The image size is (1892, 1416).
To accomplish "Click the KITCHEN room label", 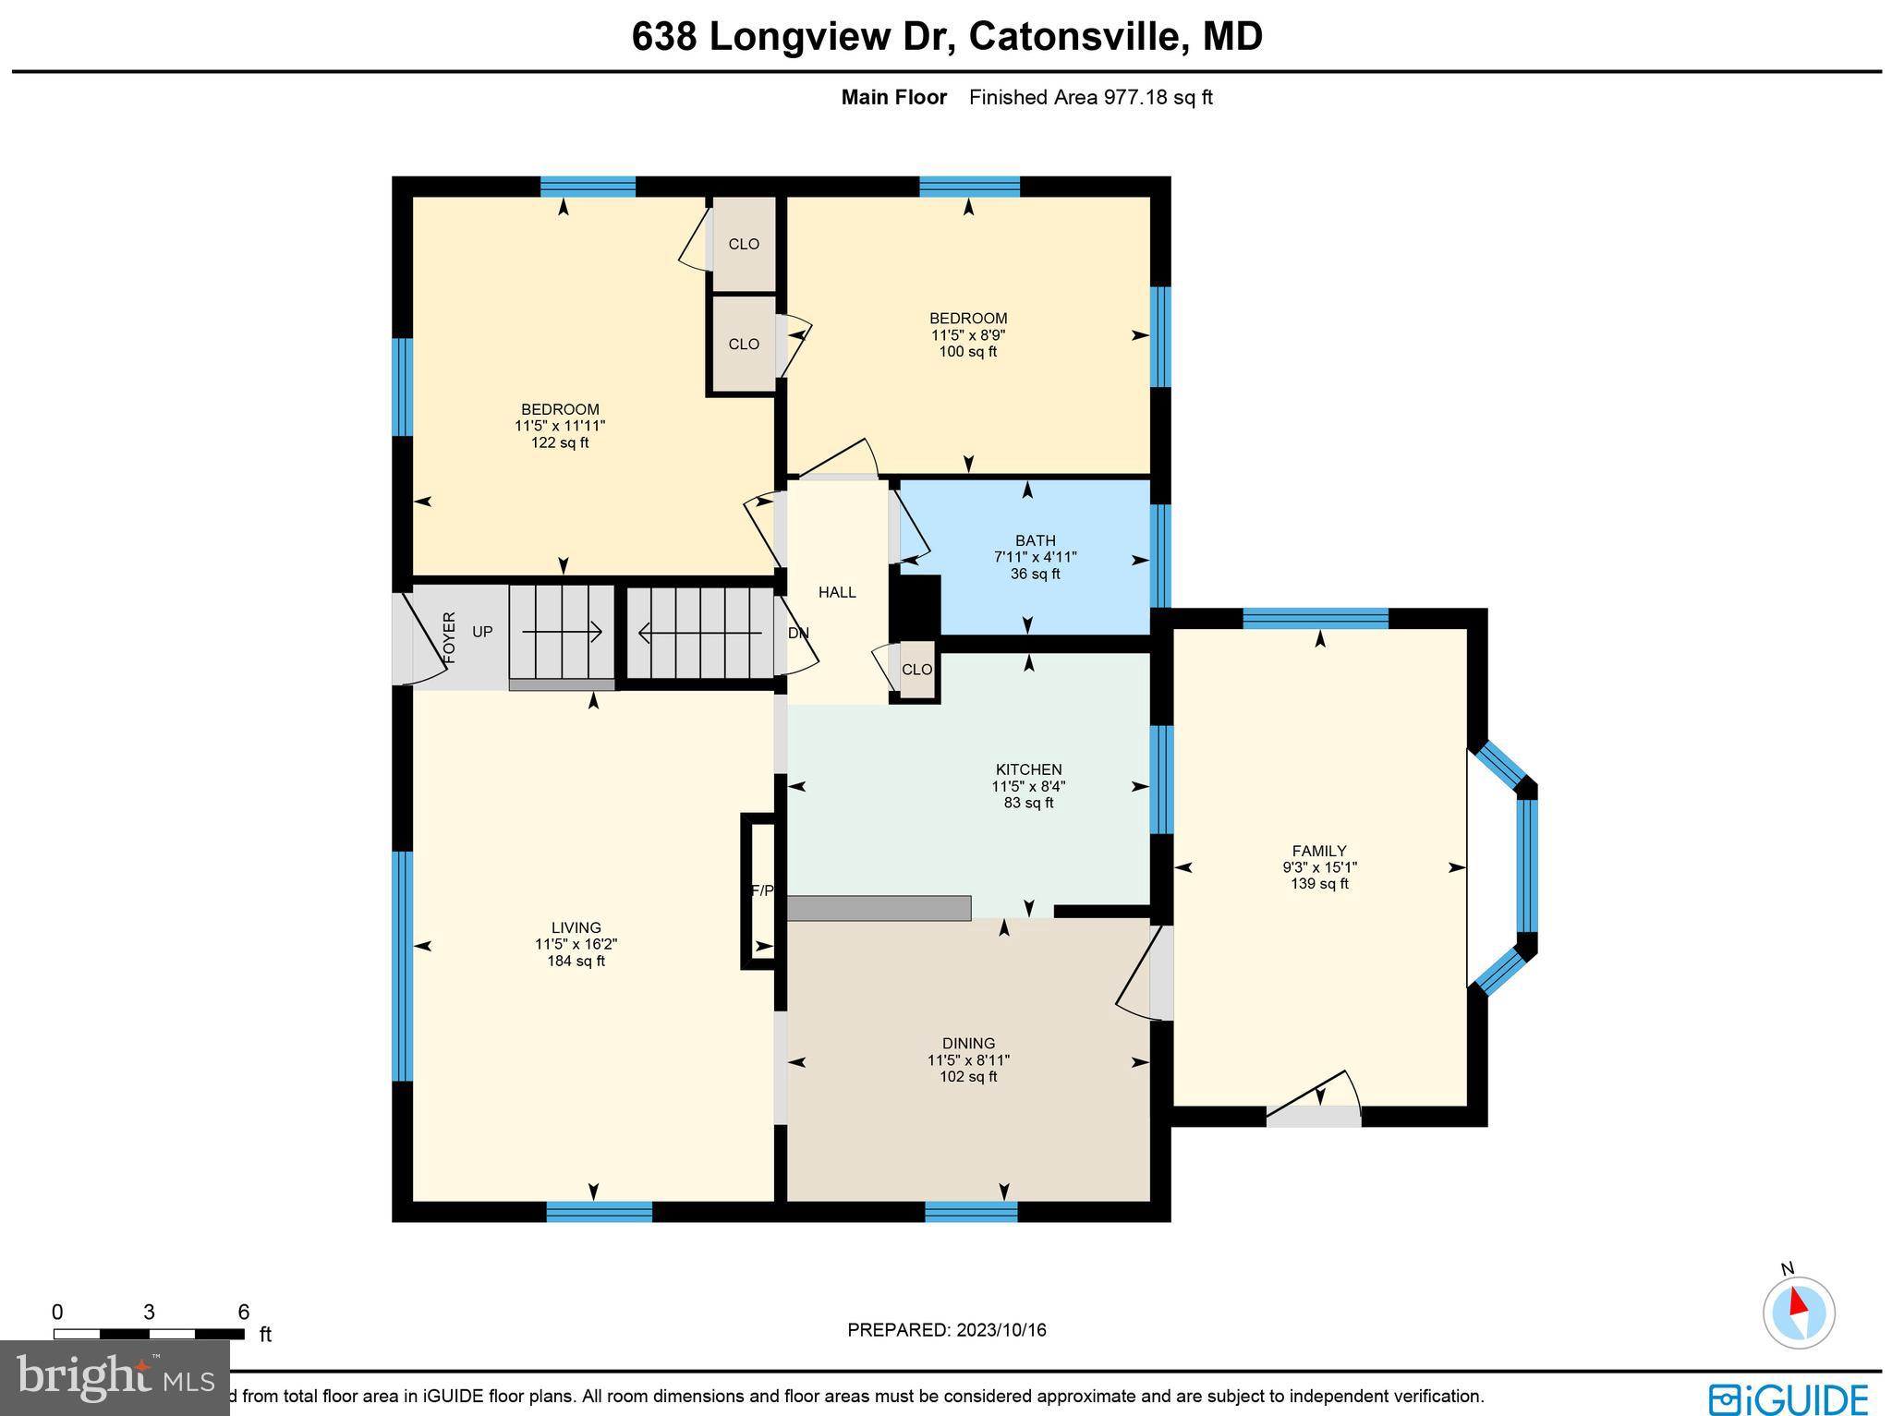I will pos(1028,769).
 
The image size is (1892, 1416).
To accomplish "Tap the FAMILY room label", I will pos(1318,851).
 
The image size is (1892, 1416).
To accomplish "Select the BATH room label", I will pos(1035,540).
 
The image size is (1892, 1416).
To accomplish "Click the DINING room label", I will pos(968,1044).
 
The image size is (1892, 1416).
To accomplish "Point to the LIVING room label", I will pos(576,927).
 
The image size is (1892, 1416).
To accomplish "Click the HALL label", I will pos(837,592).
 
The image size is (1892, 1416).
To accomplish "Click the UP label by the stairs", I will pos(482,632).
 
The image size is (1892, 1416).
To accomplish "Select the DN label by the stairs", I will pos(798,634).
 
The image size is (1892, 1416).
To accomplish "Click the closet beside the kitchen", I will pos(916,670).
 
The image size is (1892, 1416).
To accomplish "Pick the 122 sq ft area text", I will pos(560,442).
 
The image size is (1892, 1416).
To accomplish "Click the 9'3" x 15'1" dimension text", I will pos(1319,867).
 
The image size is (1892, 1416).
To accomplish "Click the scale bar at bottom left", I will pos(149,1334).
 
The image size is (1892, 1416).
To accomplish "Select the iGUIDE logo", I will pos(1788,1397).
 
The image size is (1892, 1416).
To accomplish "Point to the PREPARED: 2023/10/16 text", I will pos(946,1330).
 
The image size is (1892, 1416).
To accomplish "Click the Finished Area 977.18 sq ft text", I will pos(1090,98).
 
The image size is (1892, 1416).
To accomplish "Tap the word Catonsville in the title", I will pos(1076,37).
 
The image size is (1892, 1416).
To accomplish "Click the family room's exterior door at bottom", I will pos(1313,1116).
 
